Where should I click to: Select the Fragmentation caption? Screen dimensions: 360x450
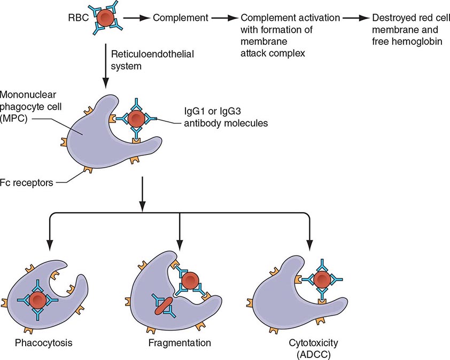click(x=179, y=342)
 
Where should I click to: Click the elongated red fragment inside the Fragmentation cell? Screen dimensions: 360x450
click(x=163, y=303)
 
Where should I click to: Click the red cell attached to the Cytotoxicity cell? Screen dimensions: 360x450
click(x=321, y=279)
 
